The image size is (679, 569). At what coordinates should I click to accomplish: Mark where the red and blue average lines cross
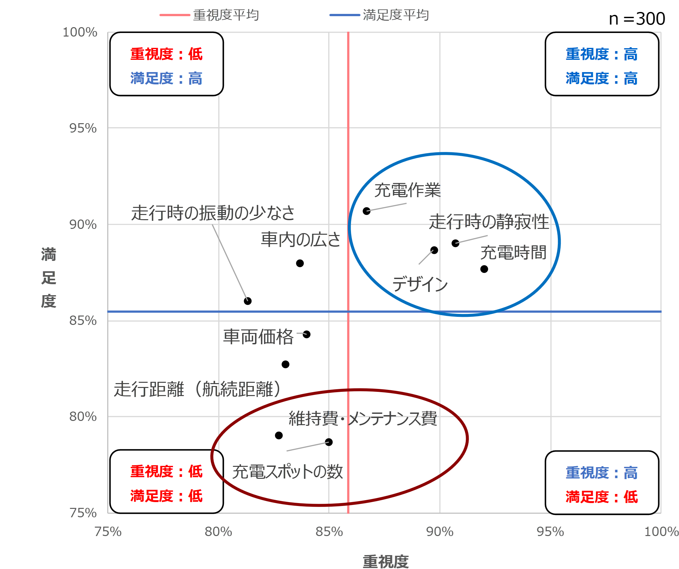[x=348, y=312]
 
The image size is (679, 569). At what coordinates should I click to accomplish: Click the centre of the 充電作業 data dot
[x=366, y=211]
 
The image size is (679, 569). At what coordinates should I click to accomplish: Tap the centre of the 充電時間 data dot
[x=484, y=269]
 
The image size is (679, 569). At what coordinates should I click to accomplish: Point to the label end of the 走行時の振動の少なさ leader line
[x=212, y=225]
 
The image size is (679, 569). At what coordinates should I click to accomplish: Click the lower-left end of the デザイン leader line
[x=419, y=264]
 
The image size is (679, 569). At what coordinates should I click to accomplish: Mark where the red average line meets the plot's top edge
[x=348, y=32]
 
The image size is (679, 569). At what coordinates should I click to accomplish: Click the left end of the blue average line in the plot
[x=108, y=312]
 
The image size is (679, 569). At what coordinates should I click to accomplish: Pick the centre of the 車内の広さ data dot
[x=300, y=263]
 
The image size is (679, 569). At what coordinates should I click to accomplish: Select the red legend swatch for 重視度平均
[x=175, y=15]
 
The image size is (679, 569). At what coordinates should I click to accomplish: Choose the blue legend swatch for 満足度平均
[x=345, y=15]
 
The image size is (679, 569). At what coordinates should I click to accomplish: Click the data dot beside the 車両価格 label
[x=306, y=335]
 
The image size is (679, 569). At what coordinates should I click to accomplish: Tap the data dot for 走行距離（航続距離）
[x=285, y=365]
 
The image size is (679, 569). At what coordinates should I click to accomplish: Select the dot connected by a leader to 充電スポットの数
[x=329, y=442]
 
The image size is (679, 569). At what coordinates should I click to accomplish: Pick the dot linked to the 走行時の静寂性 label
[x=455, y=243]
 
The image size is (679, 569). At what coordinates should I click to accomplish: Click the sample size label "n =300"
[x=637, y=19]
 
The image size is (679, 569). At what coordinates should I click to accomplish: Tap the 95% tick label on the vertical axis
[x=83, y=128]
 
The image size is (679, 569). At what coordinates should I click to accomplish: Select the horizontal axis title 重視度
[x=386, y=561]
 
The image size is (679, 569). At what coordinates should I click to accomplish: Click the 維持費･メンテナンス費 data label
[x=363, y=418]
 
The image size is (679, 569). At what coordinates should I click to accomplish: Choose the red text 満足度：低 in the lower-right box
[x=602, y=497]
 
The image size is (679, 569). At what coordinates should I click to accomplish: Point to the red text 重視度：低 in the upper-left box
[x=166, y=54]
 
